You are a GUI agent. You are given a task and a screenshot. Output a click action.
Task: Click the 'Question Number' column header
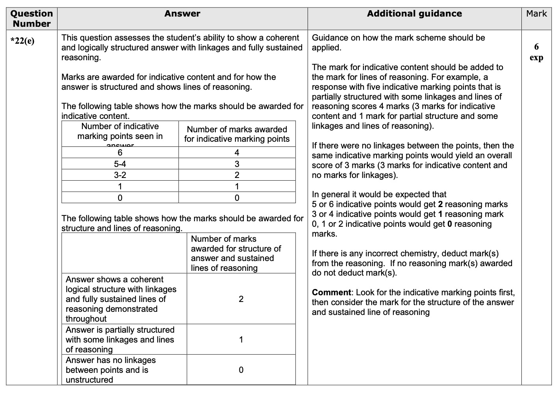point(32,19)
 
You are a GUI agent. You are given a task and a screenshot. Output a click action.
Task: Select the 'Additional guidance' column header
point(414,14)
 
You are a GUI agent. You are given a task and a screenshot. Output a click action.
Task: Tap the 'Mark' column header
point(536,14)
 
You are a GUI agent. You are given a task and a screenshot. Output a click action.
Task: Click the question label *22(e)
point(22,41)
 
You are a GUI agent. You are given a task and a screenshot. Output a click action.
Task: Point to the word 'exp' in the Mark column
point(536,57)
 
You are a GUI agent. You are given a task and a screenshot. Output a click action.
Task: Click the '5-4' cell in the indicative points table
point(120,164)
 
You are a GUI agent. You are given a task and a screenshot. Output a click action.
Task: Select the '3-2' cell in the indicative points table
point(120,175)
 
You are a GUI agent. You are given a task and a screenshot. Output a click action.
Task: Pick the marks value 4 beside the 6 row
point(237,153)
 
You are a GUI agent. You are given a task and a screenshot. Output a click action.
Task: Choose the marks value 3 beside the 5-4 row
point(237,164)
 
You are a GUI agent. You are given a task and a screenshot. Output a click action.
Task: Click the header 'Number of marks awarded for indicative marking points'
point(237,134)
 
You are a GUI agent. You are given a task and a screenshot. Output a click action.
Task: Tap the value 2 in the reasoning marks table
point(241,299)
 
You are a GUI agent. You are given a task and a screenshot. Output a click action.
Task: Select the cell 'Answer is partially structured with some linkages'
point(120,339)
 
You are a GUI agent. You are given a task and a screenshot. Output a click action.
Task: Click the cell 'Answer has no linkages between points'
point(111,370)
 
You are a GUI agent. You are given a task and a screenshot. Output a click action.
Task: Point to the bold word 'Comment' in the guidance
point(331,293)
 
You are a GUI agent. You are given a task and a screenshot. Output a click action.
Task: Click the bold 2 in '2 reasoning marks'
point(440,204)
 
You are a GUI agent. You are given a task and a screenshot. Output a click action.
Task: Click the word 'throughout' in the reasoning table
point(86,319)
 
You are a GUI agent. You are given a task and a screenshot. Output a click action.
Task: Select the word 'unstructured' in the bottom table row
point(89,380)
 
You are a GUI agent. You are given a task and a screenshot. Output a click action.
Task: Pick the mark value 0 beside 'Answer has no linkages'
point(241,370)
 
